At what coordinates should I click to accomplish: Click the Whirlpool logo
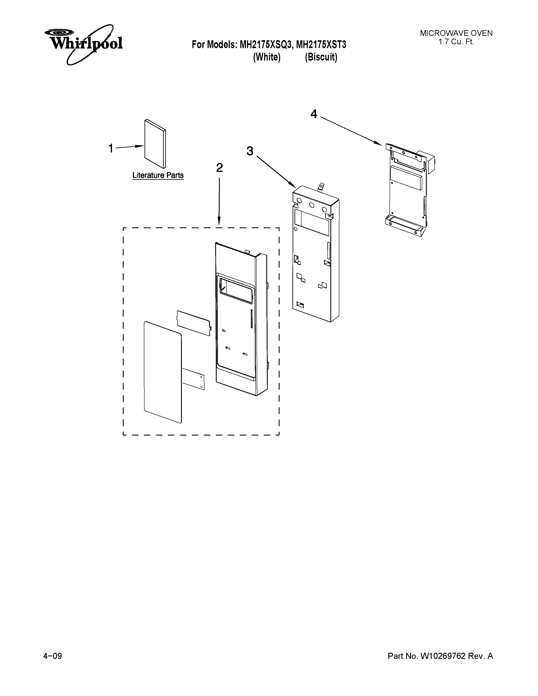[84, 44]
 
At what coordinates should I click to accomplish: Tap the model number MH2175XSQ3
[265, 45]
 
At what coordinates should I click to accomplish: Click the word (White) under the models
[267, 57]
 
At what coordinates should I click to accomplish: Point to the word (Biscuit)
[321, 57]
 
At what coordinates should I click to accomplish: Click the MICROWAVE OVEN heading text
[456, 33]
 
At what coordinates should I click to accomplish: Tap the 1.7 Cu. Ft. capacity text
[456, 42]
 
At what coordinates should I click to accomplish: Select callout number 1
[111, 148]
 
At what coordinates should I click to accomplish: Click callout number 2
[219, 168]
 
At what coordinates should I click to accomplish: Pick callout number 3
[250, 151]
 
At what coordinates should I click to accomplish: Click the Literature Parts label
[158, 175]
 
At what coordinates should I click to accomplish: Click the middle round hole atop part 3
[312, 205]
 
